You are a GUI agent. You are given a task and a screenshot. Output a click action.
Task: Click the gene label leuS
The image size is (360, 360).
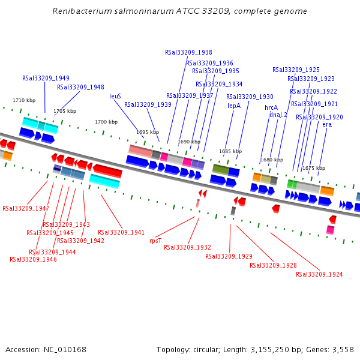click(x=115, y=96)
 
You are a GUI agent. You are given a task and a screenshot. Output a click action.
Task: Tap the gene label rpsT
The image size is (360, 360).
click(x=155, y=240)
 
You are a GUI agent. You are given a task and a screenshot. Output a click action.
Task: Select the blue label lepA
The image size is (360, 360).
click(x=234, y=106)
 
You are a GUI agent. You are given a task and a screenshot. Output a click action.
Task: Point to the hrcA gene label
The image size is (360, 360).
click(x=271, y=107)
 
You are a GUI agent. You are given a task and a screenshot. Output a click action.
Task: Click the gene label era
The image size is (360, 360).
click(x=327, y=125)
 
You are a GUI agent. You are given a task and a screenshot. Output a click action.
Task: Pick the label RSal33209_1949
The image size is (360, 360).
click(x=46, y=78)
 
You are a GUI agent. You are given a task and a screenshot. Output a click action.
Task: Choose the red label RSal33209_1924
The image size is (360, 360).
click(x=319, y=274)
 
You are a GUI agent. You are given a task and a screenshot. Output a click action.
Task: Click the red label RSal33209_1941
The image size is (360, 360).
click(x=121, y=232)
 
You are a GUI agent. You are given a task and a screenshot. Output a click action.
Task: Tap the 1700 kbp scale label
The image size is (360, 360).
click(x=106, y=122)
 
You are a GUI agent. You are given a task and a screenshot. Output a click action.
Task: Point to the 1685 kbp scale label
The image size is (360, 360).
click(x=230, y=152)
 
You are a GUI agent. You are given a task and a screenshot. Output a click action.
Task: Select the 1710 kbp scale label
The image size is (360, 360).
click(x=24, y=101)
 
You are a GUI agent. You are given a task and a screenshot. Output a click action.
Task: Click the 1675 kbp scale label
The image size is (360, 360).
click(x=313, y=169)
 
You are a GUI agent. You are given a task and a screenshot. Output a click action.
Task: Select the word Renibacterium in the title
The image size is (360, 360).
click(x=80, y=11)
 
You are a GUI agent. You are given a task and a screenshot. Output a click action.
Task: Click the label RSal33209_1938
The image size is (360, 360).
click(x=188, y=52)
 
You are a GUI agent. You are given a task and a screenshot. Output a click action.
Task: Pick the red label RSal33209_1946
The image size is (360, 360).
click(x=33, y=259)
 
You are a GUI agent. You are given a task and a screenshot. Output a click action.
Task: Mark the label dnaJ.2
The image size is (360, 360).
click(x=278, y=115)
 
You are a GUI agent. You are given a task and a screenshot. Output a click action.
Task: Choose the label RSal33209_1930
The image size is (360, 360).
click(x=250, y=97)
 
